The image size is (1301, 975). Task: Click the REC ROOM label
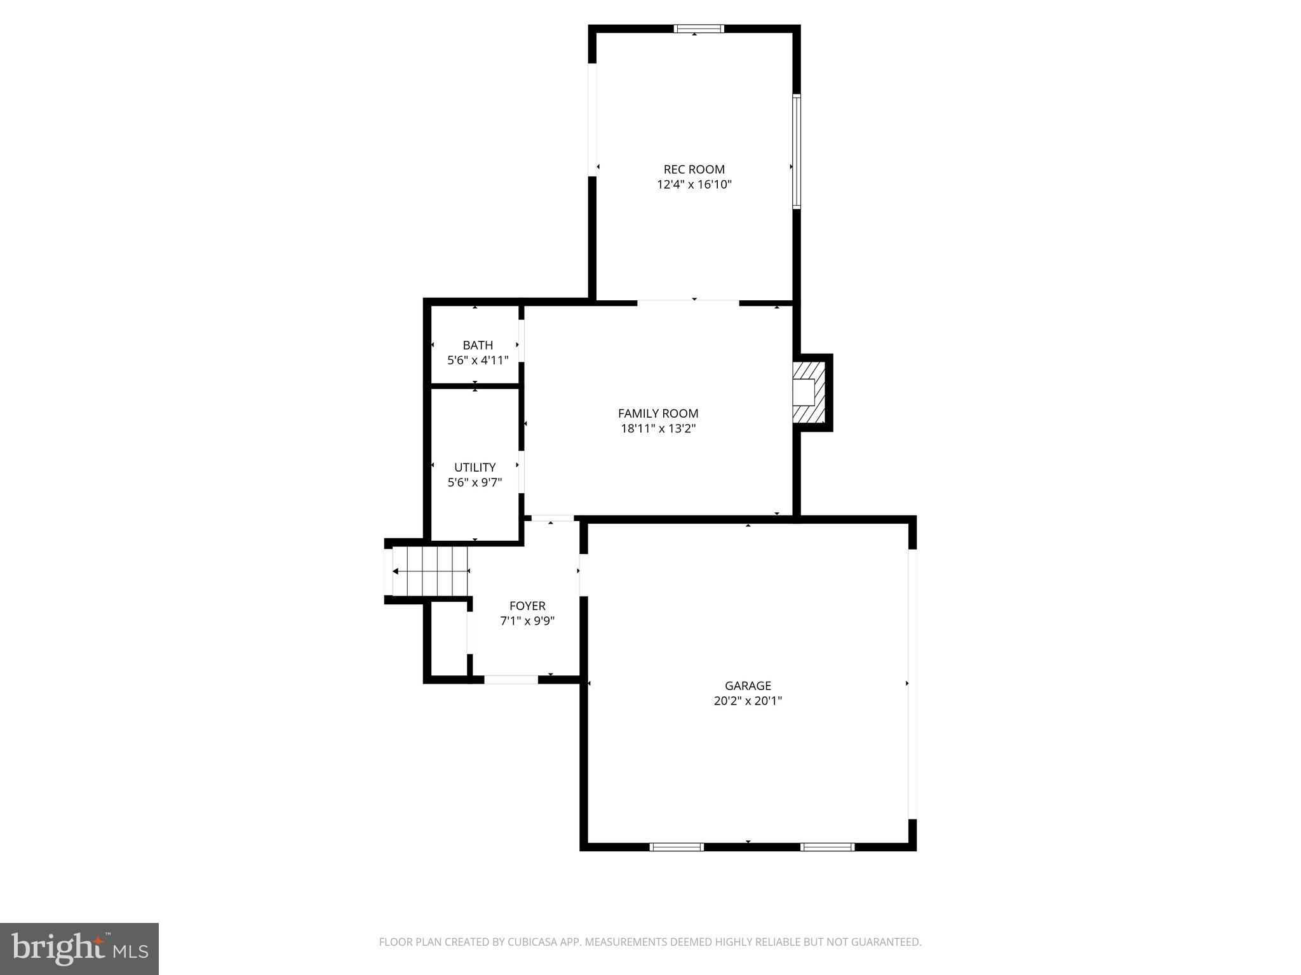tap(694, 169)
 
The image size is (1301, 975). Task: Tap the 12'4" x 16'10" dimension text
tap(694, 185)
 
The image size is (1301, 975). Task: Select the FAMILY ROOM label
tap(658, 413)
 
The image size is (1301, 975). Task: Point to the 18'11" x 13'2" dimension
tap(658, 428)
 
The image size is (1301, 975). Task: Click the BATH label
tap(478, 345)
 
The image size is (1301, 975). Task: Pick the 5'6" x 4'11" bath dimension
tap(478, 361)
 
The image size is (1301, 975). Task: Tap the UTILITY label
tap(475, 467)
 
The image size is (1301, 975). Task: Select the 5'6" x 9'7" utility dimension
tap(475, 482)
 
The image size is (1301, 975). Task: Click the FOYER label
tap(527, 606)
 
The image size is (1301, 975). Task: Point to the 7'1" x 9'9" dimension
tap(527, 621)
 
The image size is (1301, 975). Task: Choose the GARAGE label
tap(748, 686)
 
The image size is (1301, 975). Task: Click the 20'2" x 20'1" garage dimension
tap(748, 701)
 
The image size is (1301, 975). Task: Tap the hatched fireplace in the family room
tap(808, 392)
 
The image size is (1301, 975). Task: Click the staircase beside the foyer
tap(430, 571)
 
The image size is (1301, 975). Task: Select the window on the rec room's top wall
tap(698, 29)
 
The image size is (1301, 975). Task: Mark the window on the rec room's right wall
tap(796, 151)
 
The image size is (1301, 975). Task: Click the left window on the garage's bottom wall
tap(677, 846)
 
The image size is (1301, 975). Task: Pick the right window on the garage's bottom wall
tap(827, 846)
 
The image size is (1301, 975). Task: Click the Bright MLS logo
tap(79, 948)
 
